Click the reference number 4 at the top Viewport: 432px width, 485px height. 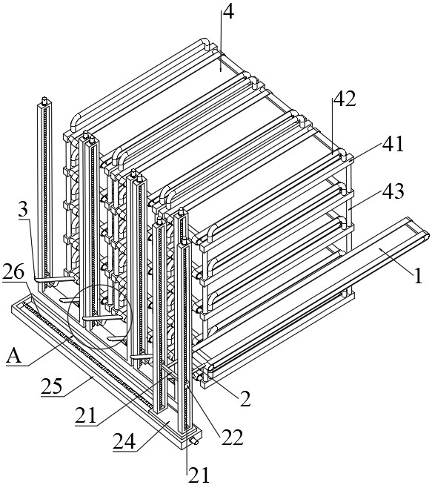point(228,13)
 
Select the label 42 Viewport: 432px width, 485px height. point(344,99)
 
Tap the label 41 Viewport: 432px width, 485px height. point(393,144)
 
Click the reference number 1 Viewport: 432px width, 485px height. point(417,276)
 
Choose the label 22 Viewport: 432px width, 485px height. point(232,437)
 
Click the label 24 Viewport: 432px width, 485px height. point(124,441)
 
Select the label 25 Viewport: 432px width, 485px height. point(52,386)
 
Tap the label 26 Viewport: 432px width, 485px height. point(13,272)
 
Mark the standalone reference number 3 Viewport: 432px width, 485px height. point(23,210)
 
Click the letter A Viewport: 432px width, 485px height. point(14,356)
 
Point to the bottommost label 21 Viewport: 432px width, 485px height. point(199,475)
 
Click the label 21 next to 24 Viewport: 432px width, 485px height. point(86,415)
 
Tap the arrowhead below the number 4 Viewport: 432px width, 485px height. point(221,68)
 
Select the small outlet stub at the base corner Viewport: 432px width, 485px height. point(195,441)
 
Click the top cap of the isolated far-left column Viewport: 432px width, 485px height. point(44,100)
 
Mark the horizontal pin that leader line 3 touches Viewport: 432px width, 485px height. point(54,280)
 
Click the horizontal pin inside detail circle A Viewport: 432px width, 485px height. point(103,318)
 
